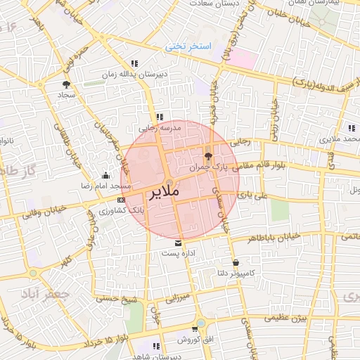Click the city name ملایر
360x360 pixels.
165,191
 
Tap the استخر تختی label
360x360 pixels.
188,46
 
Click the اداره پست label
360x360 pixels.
178,252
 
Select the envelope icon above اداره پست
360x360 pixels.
178,243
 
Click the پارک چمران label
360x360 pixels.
210,167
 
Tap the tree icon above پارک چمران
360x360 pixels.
207,156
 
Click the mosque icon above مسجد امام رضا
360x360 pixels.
105,175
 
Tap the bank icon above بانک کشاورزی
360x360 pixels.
120,200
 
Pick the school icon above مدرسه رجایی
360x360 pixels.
160,117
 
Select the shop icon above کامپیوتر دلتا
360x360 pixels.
234,262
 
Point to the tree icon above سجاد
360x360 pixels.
67,84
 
